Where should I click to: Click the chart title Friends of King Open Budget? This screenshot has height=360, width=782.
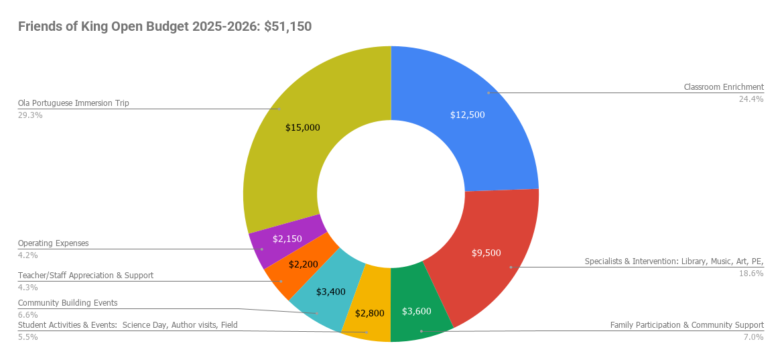(164, 27)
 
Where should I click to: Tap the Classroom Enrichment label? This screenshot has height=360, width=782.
(724, 87)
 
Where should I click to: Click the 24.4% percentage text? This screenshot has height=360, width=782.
(751, 99)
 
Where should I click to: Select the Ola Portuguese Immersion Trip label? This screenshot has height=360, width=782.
(73, 103)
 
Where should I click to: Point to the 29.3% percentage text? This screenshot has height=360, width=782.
(30, 115)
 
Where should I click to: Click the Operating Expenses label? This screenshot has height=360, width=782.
(53, 243)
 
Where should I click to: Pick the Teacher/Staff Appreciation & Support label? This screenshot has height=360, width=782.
(85, 276)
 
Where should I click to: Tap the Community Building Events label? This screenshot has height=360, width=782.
(67, 303)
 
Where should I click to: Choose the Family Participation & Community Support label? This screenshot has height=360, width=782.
(687, 325)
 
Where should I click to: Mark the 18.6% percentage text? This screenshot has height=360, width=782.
(751, 274)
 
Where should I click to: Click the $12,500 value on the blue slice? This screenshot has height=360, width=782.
(467, 115)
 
